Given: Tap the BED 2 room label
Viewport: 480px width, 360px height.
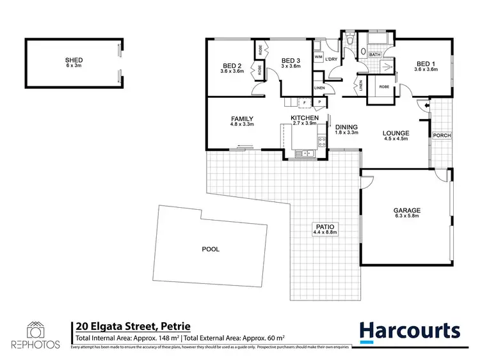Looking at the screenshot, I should (x=231, y=66).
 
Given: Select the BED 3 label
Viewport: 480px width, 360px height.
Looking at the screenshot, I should (x=291, y=61).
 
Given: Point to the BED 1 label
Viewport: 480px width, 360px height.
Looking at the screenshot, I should (x=426, y=64).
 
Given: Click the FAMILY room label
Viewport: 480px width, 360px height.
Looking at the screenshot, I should (x=243, y=118).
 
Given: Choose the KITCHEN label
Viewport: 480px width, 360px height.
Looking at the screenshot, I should (x=305, y=118).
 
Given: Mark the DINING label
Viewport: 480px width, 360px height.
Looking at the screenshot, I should (x=346, y=127).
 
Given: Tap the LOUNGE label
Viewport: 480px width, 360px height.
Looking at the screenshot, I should (x=396, y=133).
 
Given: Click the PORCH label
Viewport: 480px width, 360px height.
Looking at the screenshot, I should (x=442, y=136).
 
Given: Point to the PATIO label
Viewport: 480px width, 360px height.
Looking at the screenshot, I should (x=324, y=227).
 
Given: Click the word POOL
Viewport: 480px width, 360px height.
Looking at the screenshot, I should (x=210, y=249).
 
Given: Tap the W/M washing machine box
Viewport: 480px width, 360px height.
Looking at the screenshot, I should (x=318, y=58).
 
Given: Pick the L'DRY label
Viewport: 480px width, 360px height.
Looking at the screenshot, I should (x=331, y=59).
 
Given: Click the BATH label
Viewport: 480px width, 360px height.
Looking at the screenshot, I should (x=374, y=56).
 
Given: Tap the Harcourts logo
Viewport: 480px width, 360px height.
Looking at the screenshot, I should (x=410, y=330).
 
